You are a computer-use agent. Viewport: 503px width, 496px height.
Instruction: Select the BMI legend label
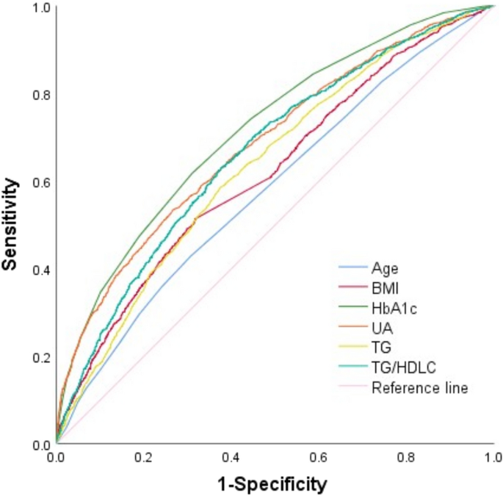pyautogui.click(x=384, y=288)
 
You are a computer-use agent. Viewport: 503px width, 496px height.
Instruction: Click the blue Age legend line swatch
pyautogui.click(x=351, y=268)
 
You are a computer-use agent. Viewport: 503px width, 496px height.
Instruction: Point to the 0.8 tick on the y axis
pyautogui.click(x=40, y=95)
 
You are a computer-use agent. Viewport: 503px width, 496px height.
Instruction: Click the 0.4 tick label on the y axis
pyautogui.click(x=40, y=270)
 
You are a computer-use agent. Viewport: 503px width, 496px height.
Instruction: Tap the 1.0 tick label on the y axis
pyautogui.click(x=40, y=8)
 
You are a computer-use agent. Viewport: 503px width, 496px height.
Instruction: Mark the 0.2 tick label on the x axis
pyautogui.click(x=143, y=459)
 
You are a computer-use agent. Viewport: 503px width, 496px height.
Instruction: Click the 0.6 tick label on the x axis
pyautogui.click(x=318, y=459)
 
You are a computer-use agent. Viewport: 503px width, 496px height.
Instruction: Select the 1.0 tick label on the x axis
pyautogui.click(x=491, y=459)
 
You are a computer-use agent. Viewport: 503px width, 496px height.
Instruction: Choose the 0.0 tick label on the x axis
pyautogui.click(x=56, y=459)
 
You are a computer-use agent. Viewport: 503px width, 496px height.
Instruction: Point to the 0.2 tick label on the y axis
pyautogui.click(x=40, y=357)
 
